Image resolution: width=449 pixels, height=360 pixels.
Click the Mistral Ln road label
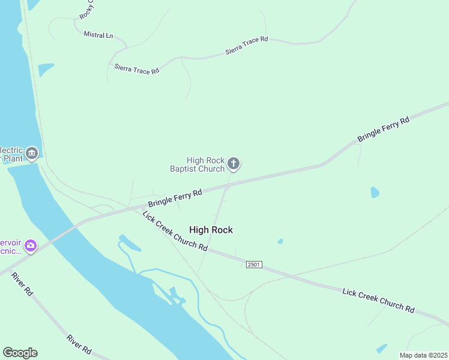98,35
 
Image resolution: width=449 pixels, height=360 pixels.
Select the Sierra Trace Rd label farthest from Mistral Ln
247,46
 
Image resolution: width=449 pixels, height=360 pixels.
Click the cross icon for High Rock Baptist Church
234,163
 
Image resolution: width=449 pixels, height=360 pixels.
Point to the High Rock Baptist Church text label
205,164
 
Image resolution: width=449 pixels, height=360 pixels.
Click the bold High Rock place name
211,230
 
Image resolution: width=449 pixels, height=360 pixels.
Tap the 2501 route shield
254,265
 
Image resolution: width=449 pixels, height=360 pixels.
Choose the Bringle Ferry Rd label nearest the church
175,199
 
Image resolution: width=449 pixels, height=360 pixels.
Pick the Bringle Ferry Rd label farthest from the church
384,129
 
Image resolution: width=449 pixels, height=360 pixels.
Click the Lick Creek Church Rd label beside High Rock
175,230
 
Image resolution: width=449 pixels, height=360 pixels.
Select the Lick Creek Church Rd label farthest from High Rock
378,300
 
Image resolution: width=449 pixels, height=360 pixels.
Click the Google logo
20,353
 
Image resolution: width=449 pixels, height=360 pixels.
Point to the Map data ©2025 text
423,355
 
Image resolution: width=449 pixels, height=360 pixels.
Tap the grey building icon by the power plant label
32,154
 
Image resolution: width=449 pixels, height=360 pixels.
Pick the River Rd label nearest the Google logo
79,344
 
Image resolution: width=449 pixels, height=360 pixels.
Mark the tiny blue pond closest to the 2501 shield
280,241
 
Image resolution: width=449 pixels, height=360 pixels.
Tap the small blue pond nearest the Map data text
381,348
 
